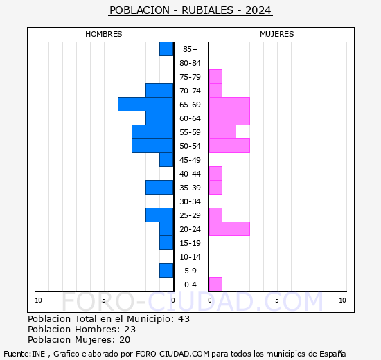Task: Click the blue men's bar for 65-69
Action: (145, 105)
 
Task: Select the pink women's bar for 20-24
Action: (229, 229)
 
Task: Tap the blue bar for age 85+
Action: (166, 49)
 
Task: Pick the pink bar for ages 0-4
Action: (215, 285)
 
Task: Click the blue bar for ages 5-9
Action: (166, 271)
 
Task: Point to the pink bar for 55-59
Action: (222, 132)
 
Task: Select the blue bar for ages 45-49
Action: (166, 160)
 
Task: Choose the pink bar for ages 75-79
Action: (215, 77)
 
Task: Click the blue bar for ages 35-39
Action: (159, 188)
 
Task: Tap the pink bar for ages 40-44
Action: (215, 174)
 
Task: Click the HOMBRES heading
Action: (103, 34)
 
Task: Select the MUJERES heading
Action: (277, 34)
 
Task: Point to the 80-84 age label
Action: (190, 63)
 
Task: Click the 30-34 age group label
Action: (190, 201)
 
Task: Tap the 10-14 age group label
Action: (190, 257)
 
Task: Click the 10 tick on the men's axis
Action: (38, 300)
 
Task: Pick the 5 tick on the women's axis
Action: (277, 300)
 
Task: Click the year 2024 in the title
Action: (258, 10)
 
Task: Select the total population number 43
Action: (184, 319)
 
